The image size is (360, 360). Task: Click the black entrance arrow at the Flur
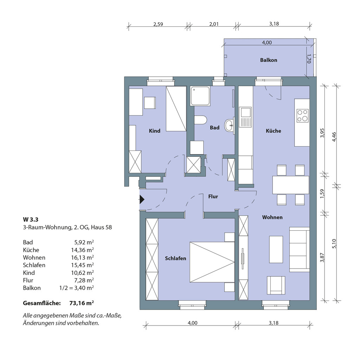pos(142,200)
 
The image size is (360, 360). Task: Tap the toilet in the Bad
pos(200,120)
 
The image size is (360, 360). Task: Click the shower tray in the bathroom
pos(200,96)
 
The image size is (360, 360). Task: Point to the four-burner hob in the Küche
pos(302,115)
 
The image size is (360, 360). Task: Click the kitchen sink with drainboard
pos(245,117)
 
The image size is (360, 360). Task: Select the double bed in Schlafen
pos(212,262)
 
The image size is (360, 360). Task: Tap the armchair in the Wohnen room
pos(276,285)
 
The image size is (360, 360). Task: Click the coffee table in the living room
pos(276,249)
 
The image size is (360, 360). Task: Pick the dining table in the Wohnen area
pos(291,185)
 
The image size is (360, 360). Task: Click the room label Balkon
pos(269,60)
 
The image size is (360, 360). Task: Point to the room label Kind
pos(155,131)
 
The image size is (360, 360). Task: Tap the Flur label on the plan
pos(213,197)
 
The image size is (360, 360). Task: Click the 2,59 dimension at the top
pos(158,24)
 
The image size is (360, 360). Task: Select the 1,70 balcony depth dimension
pos(309,59)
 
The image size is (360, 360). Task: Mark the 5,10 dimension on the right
pos(334,244)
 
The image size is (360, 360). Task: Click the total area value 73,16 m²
pos(82,303)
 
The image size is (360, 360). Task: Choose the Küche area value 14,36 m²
pos(82,250)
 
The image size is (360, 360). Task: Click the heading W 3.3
pos(31,219)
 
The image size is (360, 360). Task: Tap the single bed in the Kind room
pos(176,109)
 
